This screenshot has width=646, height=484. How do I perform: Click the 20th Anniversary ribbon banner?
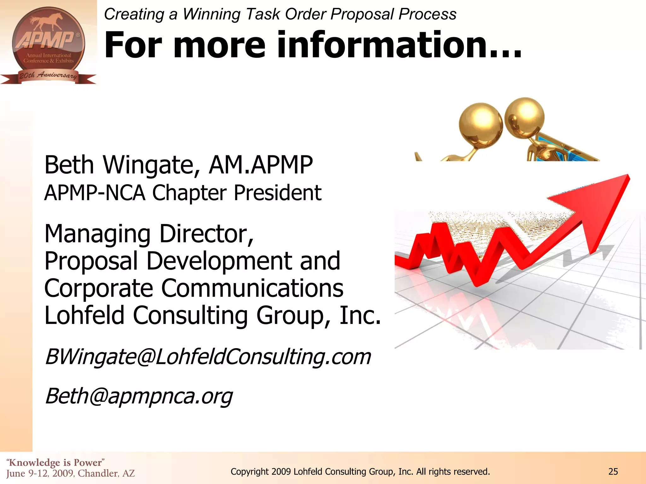pyautogui.click(x=48, y=76)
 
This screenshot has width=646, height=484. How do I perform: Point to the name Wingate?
pyautogui.click(x=151, y=165)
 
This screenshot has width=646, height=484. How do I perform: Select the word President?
pyautogui.click(x=277, y=193)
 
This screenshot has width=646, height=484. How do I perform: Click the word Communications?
pyautogui.click(x=252, y=288)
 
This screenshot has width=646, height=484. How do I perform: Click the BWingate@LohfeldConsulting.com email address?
pyautogui.click(x=208, y=357)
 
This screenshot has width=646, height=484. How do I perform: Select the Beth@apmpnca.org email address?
pyautogui.click(x=139, y=396)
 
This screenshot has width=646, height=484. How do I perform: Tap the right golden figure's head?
pyautogui.click(x=524, y=117)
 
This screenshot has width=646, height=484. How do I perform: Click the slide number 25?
pyautogui.click(x=613, y=472)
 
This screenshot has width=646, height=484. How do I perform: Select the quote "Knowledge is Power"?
pyautogui.click(x=56, y=462)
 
